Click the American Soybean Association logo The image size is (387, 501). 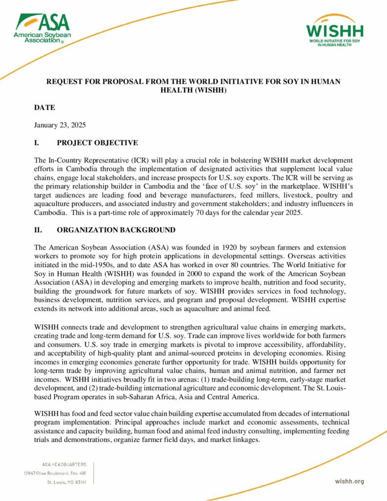[42, 28]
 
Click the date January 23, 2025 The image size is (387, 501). [60, 125]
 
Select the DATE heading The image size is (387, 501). [45, 108]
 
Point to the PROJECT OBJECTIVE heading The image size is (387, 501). [97, 143]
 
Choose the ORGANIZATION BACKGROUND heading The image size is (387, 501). [116, 230]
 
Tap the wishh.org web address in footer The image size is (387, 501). [349, 481]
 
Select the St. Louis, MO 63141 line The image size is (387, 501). [67, 482]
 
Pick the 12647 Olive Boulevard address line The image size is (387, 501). [55, 473]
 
